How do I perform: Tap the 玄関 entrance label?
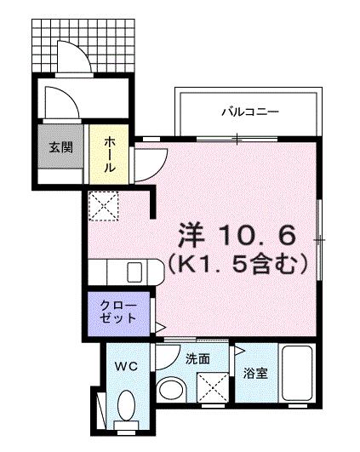(60, 146)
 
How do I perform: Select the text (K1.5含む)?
(236, 265)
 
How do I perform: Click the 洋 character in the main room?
(191, 232)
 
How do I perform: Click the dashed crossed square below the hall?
(106, 204)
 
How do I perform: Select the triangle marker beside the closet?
(159, 325)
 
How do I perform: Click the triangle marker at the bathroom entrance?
(241, 349)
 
